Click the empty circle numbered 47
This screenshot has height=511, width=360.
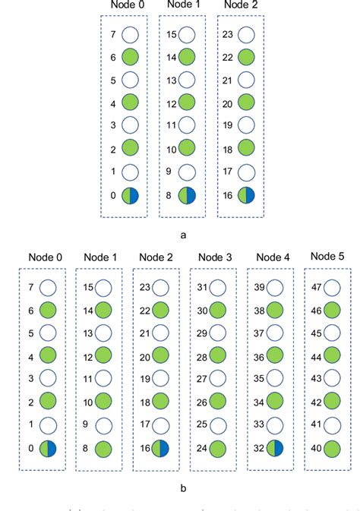coord(331,288)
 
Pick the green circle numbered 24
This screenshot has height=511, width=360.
coord(216,449)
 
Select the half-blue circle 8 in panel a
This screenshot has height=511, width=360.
coord(188,195)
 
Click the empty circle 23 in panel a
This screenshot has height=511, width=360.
coord(245,34)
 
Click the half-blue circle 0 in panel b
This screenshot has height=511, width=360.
coord(46,449)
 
